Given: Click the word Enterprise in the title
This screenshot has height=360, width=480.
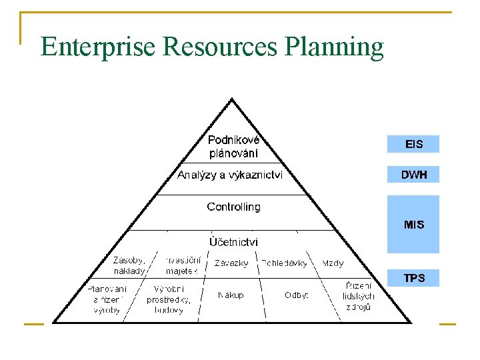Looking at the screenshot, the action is pyautogui.click(x=99, y=47).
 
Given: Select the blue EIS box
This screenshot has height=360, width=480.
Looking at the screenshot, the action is pyautogui.click(x=413, y=144).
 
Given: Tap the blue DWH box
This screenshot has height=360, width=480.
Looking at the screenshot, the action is pyautogui.click(x=413, y=175).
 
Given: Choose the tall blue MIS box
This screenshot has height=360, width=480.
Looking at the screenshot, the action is pyautogui.click(x=413, y=224).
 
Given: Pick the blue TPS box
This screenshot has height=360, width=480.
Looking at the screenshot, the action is pyautogui.click(x=413, y=278).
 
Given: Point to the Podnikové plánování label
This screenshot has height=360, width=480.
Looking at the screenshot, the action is pyautogui.click(x=233, y=147).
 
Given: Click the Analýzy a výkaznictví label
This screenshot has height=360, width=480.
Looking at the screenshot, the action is pyautogui.click(x=229, y=175).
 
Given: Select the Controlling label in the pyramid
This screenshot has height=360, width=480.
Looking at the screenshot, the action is pyautogui.click(x=233, y=207).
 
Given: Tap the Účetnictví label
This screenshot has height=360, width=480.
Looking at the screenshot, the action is pyautogui.click(x=233, y=242).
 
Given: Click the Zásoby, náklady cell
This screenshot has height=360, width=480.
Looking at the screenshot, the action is pyautogui.click(x=129, y=265).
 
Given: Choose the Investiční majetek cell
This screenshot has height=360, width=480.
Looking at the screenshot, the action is pyautogui.click(x=182, y=265).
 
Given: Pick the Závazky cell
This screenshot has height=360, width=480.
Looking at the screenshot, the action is pyautogui.click(x=231, y=263).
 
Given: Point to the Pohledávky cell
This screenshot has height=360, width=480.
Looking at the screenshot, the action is pyautogui.click(x=285, y=263).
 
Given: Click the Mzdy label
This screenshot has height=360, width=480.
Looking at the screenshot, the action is pyautogui.click(x=333, y=263).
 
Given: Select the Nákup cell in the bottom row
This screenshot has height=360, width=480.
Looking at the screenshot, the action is pyautogui.click(x=231, y=295).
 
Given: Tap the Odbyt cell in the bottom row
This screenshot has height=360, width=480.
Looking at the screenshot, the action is pyautogui.click(x=296, y=295).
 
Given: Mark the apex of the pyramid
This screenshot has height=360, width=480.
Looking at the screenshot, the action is pyautogui.click(x=232, y=99).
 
